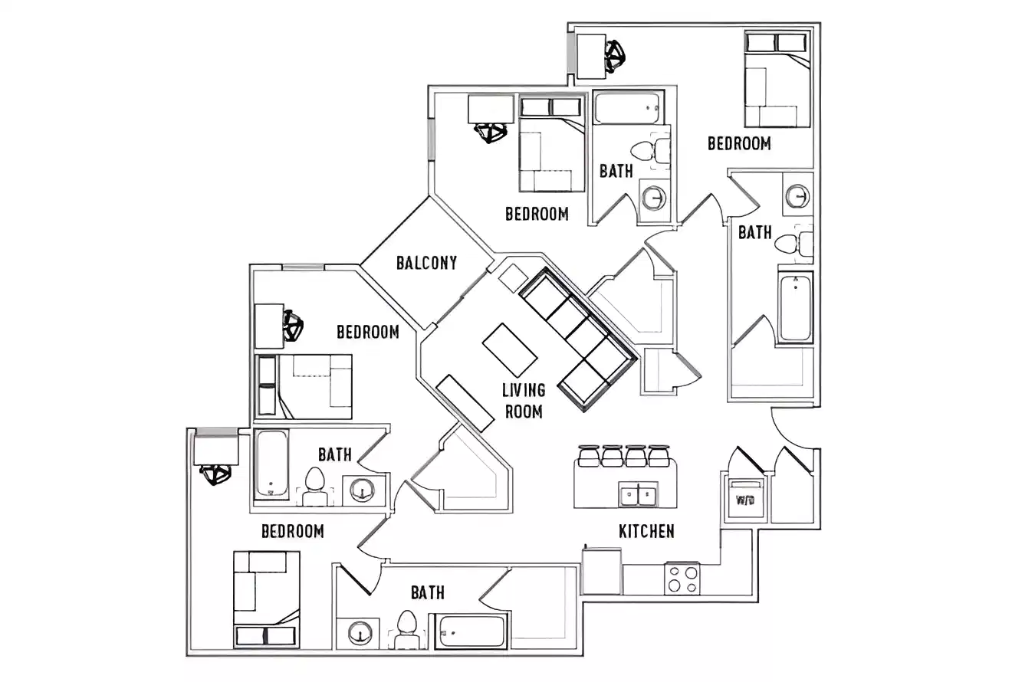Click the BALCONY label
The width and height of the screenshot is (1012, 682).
pos(426,263)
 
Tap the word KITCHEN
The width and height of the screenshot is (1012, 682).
pos(646,531)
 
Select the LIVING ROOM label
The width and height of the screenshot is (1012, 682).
pos(523,401)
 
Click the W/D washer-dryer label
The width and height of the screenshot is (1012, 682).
pos(744,501)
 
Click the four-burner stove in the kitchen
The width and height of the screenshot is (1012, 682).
pos(682,579)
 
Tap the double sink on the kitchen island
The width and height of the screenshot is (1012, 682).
pos(638,494)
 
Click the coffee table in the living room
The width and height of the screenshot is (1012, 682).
pos(510,350)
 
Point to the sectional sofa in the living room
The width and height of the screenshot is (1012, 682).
pos(580,337)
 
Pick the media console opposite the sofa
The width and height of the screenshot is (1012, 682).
pos(465,403)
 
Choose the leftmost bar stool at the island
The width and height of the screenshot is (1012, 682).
pos(589,457)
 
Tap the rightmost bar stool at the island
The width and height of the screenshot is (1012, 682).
pos(659,457)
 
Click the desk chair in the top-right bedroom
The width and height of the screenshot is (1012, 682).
pos(614,54)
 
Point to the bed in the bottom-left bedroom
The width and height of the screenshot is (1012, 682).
pos(266,598)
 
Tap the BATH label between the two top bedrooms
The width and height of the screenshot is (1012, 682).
pos(616,170)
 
